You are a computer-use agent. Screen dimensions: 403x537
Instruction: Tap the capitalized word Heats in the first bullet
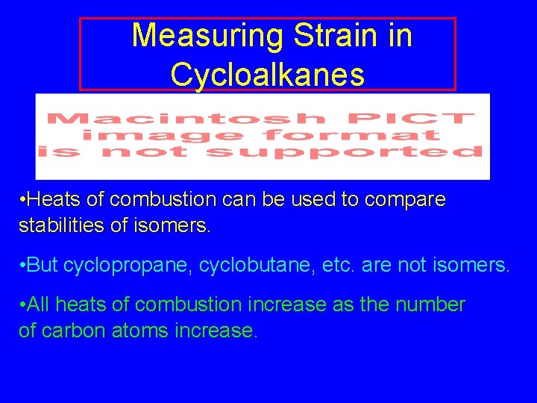pyautogui.click(x=53, y=200)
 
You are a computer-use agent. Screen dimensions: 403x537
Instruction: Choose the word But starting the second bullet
pyautogui.click(x=45, y=265)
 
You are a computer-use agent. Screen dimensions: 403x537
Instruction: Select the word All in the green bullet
pyautogui.click(x=40, y=304)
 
